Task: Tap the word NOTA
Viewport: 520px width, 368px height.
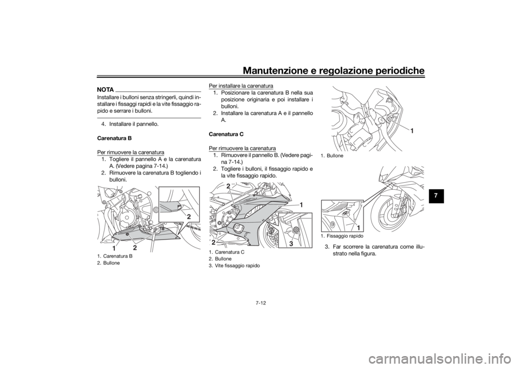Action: click(106, 90)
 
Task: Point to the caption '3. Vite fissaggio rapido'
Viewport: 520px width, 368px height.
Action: click(234, 266)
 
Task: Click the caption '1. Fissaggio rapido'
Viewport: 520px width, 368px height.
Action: click(342, 236)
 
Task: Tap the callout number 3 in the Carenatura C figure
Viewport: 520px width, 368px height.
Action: click(291, 243)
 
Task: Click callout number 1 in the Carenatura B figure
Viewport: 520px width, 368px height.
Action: click(114, 248)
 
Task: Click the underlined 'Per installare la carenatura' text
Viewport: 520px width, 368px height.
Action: click(240, 86)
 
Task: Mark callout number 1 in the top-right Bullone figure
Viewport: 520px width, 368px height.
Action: click(412, 131)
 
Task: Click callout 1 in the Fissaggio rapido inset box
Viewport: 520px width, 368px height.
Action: click(359, 228)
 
